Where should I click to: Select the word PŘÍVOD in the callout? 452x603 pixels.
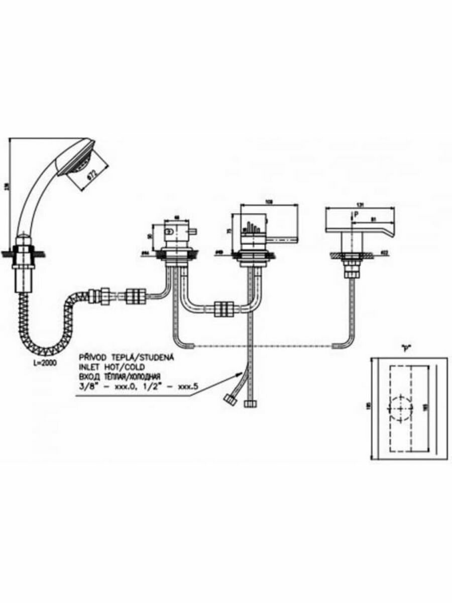coord(92,357)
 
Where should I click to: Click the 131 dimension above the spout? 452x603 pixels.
coord(359,205)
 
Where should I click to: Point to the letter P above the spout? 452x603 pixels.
coord(356,214)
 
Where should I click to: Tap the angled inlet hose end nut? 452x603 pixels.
coord(232,400)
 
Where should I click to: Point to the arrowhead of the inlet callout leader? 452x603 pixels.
coord(240,374)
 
